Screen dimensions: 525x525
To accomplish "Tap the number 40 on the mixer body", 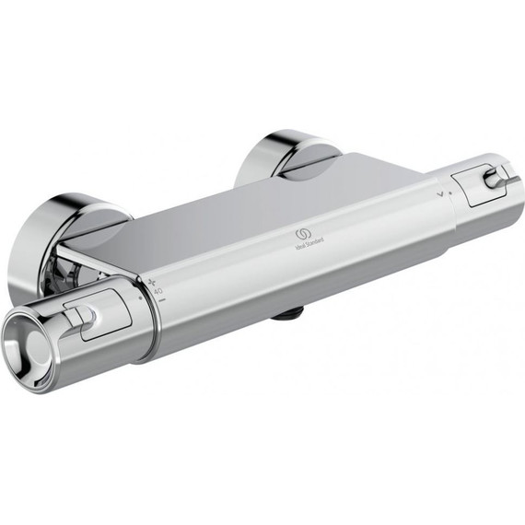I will click(x=157, y=291).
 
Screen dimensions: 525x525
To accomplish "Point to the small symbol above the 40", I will click(x=153, y=279).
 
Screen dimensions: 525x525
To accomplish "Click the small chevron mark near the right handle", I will click(x=441, y=194).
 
